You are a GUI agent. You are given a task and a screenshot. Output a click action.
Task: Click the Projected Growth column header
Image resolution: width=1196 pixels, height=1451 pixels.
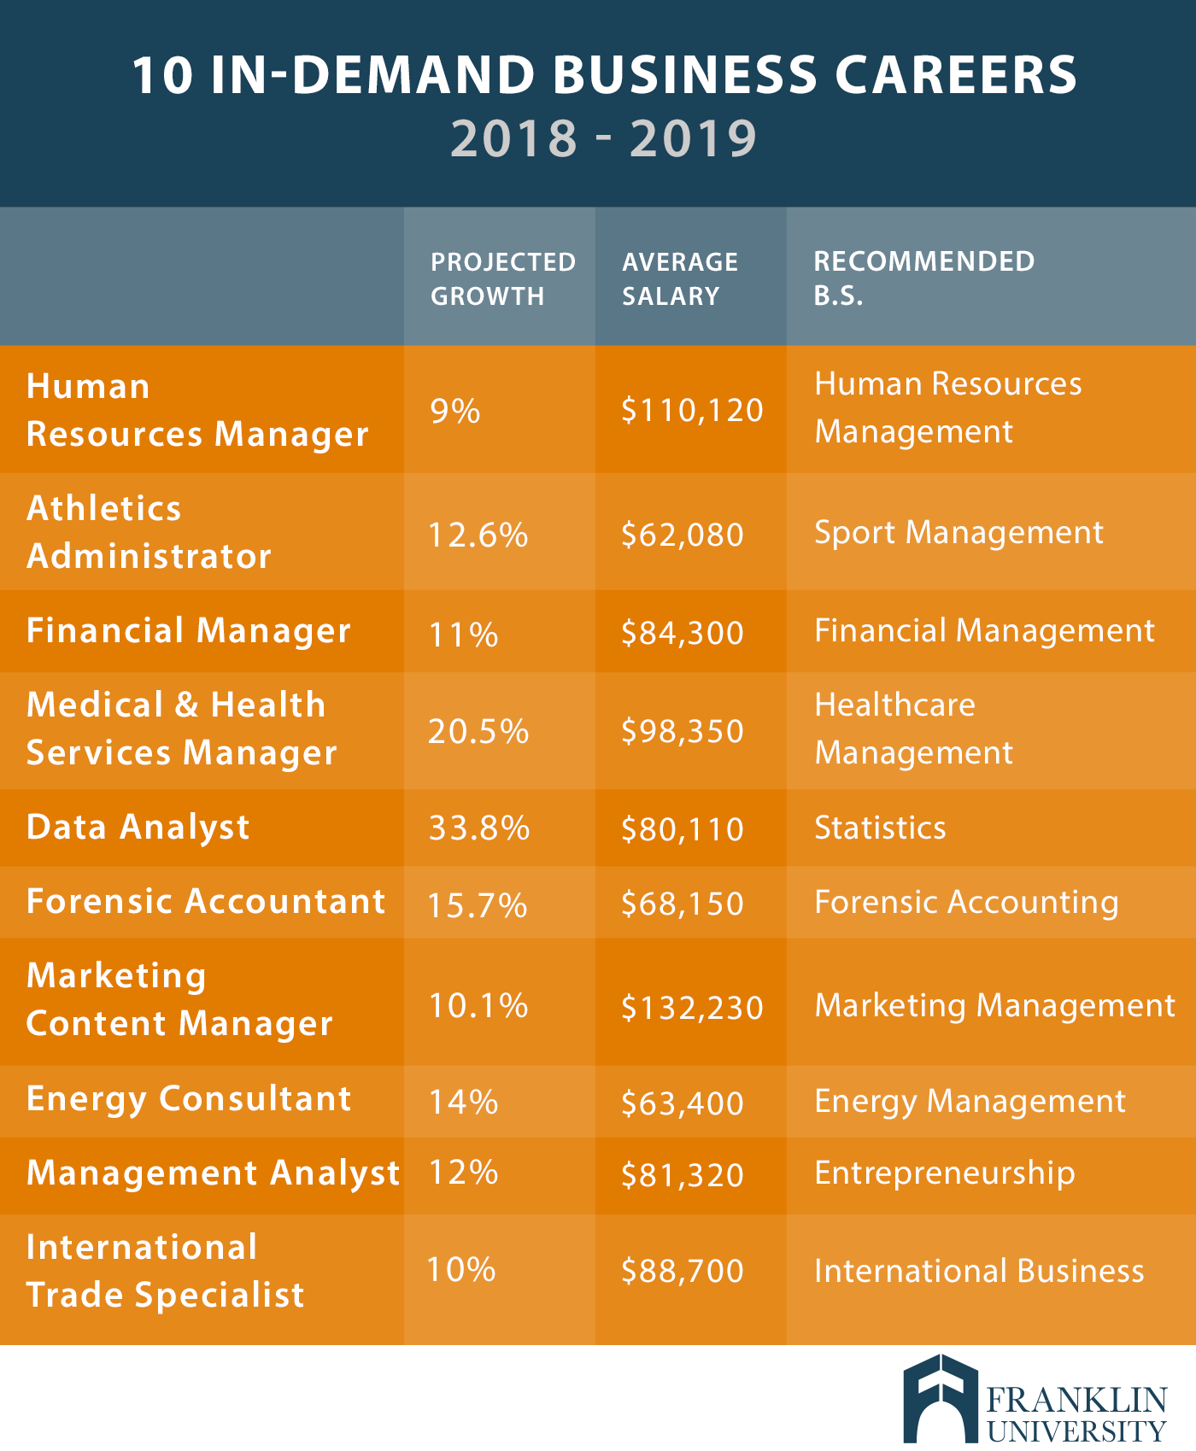(502, 278)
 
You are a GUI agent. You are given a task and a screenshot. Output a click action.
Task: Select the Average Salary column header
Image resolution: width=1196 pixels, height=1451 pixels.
(679, 278)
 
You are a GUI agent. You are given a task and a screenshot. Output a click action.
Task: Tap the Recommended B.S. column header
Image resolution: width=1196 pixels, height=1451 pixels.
(923, 278)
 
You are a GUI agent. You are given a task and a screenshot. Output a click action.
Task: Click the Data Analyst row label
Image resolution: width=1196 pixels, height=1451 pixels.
(138, 828)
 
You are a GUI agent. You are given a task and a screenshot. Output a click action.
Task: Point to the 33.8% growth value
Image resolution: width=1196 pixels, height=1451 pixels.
(478, 828)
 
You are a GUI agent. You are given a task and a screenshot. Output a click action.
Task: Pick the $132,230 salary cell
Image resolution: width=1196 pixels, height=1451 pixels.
(692, 1008)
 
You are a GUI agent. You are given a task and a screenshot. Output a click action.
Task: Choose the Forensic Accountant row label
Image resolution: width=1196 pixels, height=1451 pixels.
(206, 902)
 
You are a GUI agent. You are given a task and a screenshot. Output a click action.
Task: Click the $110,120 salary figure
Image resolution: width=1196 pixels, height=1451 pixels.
(692, 411)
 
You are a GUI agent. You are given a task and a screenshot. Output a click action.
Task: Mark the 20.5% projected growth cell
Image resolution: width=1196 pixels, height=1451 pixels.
(478, 732)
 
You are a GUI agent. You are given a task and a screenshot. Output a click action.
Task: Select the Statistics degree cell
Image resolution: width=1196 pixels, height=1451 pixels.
(880, 828)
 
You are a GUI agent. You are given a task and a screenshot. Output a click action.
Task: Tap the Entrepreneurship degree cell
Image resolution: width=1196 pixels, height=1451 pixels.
(944, 1173)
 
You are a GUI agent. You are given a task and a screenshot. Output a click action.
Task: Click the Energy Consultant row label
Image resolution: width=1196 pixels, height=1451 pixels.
(189, 1099)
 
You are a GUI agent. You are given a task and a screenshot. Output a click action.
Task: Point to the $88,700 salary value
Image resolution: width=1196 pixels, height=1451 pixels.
(683, 1271)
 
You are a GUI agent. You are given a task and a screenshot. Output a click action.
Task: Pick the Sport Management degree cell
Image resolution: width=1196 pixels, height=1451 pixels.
(959, 533)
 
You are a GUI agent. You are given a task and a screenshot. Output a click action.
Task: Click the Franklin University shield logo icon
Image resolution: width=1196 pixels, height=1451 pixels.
(940, 1399)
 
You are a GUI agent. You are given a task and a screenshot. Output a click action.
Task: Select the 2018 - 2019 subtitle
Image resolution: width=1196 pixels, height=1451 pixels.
(603, 138)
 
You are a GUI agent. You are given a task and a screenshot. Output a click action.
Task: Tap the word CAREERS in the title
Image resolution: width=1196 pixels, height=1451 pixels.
(955, 75)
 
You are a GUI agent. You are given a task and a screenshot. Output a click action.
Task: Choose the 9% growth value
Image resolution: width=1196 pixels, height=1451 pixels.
(455, 412)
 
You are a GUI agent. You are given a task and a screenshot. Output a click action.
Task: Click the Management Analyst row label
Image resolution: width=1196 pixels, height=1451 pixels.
(213, 1173)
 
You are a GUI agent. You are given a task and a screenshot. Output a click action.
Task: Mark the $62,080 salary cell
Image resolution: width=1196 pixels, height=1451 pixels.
(683, 535)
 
